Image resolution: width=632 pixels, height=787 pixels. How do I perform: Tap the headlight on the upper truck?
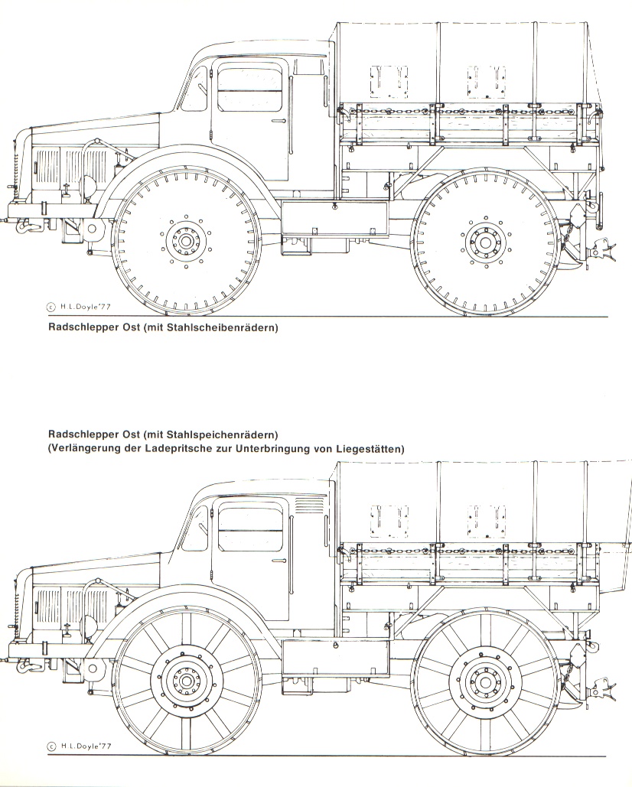coord(91,184)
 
